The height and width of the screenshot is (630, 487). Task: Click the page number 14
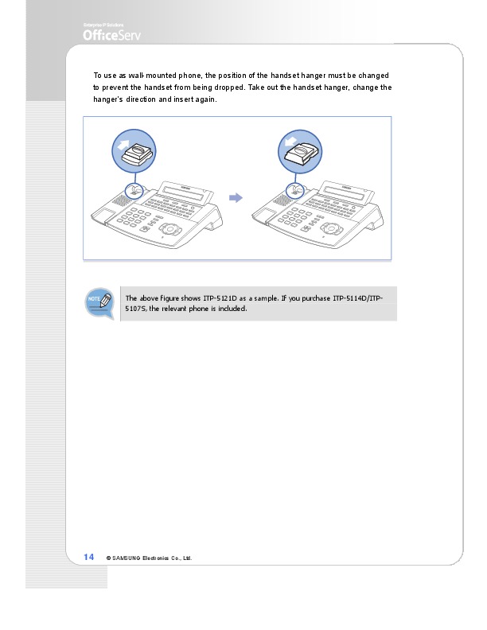point(89,557)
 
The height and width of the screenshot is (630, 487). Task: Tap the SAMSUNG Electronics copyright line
point(150,558)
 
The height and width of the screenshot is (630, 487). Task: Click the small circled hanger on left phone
point(136,190)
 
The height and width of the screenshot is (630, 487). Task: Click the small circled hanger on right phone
point(296,190)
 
